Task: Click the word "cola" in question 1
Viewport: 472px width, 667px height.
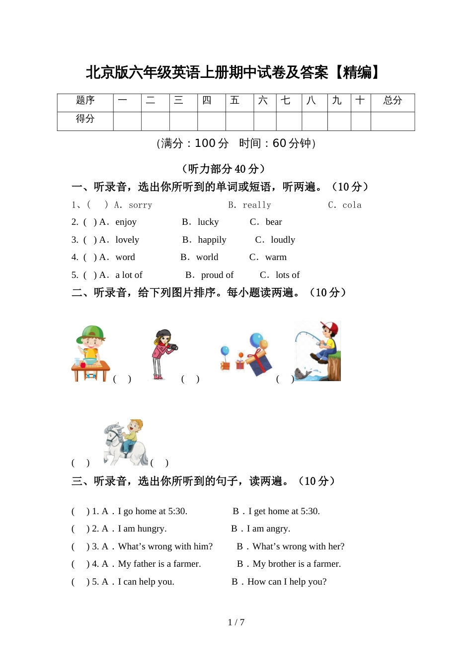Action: tap(352, 205)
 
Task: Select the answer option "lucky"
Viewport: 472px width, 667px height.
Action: tap(208, 222)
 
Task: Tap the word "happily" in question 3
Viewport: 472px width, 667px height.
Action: tap(212, 240)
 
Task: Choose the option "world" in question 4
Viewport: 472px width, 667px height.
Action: tap(207, 257)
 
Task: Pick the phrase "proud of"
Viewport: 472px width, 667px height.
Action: tap(217, 275)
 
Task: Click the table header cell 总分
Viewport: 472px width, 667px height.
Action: tap(393, 101)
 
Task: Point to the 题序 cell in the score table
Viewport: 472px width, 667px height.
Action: tap(85, 101)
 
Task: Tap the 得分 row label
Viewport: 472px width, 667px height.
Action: tap(85, 119)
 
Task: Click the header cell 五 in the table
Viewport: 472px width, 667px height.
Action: tap(235, 101)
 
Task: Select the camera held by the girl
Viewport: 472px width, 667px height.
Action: tap(172, 347)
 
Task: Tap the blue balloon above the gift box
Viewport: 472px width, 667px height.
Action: tap(256, 339)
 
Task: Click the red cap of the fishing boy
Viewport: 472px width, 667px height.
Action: tap(331, 327)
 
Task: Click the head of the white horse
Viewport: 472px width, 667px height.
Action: tap(112, 432)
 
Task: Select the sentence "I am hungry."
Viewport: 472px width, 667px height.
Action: tap(142, 529)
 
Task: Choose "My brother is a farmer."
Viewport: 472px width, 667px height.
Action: tap(297, 564)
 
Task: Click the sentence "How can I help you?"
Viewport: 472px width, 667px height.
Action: tap(287, 582)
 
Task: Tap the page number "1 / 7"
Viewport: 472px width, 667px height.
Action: tap(236, 622)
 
